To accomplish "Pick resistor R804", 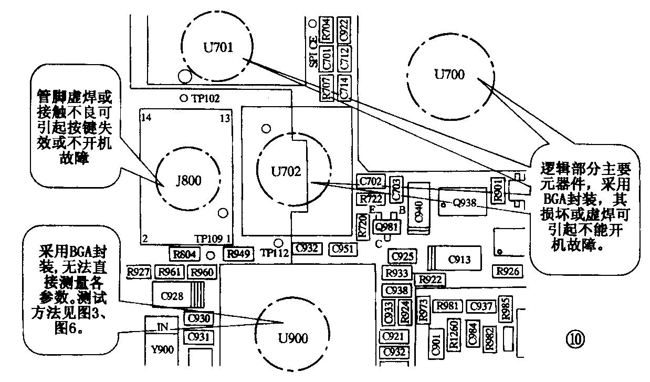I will click(185, 254).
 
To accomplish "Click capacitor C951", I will click(344, 248).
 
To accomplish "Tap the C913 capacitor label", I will click(459, 259).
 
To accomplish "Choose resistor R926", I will click(507, 271).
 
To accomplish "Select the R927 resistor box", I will click(140, 272).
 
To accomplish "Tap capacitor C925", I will click(403, 257).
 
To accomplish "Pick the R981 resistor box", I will click(448, 306).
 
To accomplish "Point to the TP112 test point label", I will click(275, 253).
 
